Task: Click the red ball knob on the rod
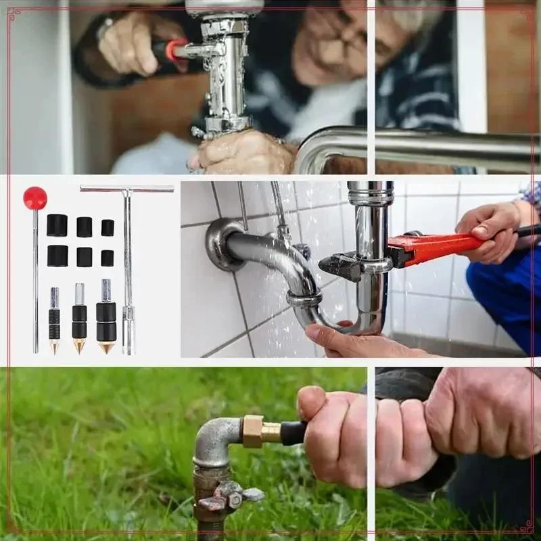coord(35,197)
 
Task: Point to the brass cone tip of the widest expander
coord(105,347)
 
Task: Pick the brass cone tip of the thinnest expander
coord(54,346)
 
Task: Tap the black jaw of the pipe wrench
coord(342,265)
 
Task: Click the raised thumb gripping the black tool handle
coord(312,402)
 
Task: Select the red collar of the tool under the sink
coord(177,50)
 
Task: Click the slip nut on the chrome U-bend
coord(304,298)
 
